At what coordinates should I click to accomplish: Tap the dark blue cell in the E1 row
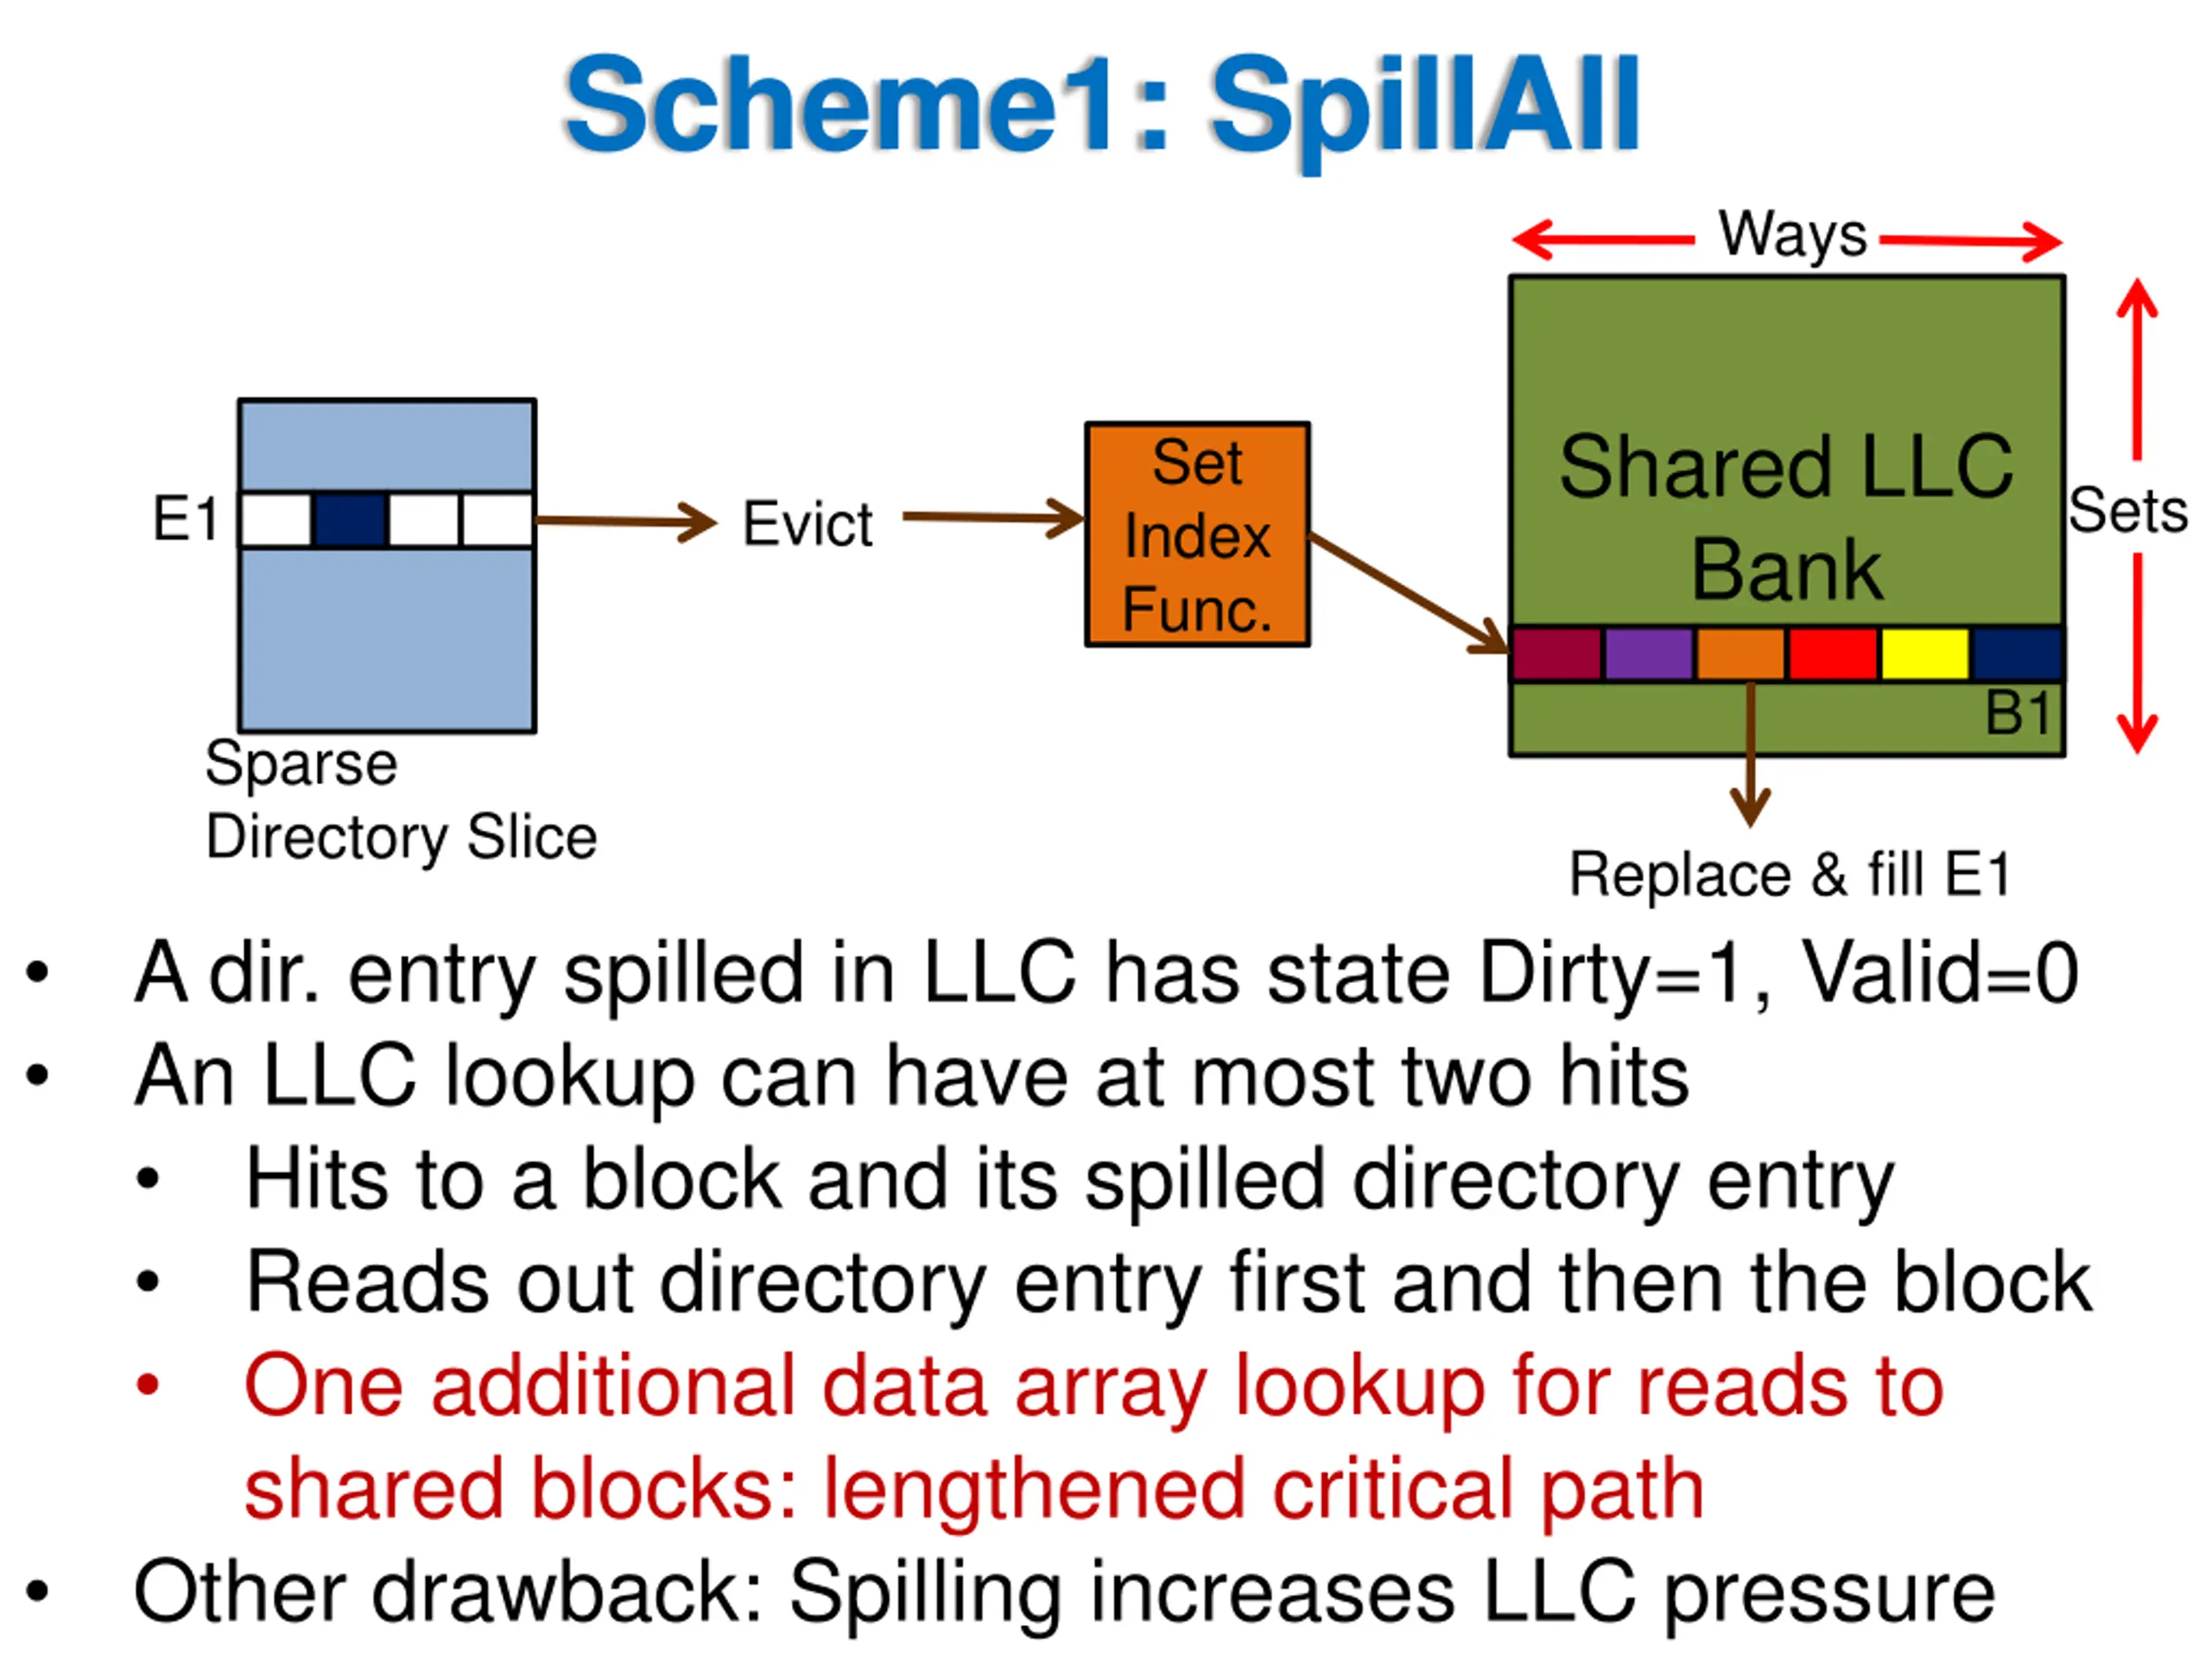pos(350,520)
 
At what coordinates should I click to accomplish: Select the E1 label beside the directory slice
pos(186,519)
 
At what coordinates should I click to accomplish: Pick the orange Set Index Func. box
pos(1197,535)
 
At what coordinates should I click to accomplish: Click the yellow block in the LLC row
pos(1925,654)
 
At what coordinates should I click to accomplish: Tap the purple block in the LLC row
pos(1648,654)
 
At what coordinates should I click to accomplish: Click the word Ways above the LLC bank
pos(1793,236)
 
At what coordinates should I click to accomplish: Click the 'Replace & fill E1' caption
pos(1790,875)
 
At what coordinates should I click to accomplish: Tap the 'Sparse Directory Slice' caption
pos(401,801)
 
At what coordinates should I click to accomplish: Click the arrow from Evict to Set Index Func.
pos(993,517)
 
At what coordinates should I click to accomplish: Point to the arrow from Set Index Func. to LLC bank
pos(1410,593)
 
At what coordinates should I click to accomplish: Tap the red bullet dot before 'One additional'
pos(148,1385)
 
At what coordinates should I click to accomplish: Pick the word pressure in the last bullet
pos(1830,1593)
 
